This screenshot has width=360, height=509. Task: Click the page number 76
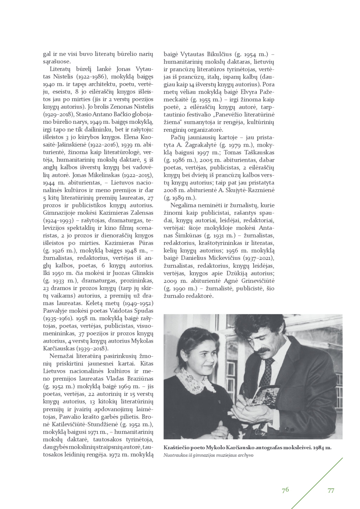click(x=285, y=490)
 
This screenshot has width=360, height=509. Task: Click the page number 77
click(x=331, y=490)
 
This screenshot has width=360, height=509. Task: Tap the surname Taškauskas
click(x=259, y=152)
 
